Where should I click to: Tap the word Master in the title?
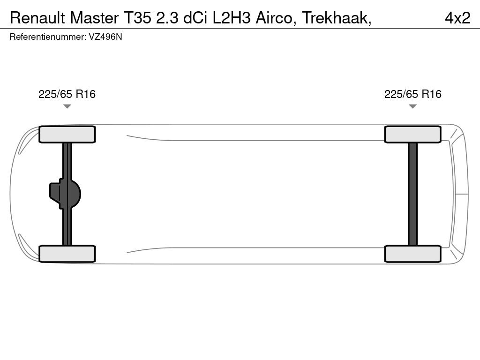click(x=94, y=18)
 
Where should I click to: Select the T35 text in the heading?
click(x=137, y=18)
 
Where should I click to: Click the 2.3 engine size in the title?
click(x=167, y=18)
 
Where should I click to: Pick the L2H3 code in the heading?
click(x=232, y=18)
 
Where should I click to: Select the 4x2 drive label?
click(x=457, y=18)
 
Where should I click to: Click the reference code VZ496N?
click(x=105, y=37)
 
